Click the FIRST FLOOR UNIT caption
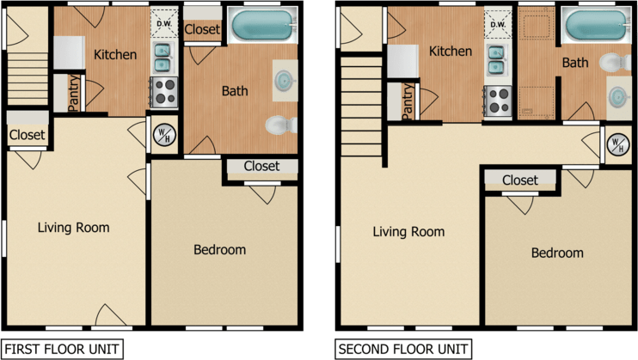click(62, 350)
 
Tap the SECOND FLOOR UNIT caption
click(403, 350)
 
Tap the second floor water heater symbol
click(616, 144)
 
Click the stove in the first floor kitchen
click(163, 92)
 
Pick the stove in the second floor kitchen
click(498, 101)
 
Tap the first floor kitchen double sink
click(163, 58)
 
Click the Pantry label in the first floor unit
click(74, 93)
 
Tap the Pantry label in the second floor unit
click(407, 101)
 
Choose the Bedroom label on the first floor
click(219, 250)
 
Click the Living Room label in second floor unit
click(408, 232)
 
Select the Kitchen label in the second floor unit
click(451, 52)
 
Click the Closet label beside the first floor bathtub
click(203, 30)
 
